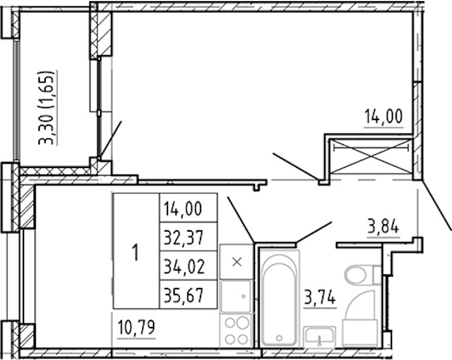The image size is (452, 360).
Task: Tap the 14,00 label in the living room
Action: (x=384, y=117)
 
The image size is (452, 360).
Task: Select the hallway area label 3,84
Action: (x=383, y=227)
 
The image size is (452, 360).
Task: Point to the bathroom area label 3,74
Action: (x=320, y=297)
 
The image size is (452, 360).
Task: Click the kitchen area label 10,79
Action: (x=136, y=328)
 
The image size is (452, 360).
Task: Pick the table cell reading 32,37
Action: (x=188, y=237)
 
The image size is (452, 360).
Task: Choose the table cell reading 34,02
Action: (x=188, y=266)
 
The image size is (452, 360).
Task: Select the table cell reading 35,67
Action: (x=188, y=295)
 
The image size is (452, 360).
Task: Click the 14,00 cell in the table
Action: (x=188, y=208)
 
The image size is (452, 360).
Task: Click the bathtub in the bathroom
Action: (x=279, y=298)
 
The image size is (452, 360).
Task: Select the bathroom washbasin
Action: (x=319, y=337)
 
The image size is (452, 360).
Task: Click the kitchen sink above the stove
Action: (x=237, y=296)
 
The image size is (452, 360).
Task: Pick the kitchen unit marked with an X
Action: (x=237, y=262)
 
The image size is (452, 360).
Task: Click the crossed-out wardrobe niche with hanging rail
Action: (x=371, y=157)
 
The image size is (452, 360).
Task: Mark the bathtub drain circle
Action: (x=279, y=338)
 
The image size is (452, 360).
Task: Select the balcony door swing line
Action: (x=110, y=140)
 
